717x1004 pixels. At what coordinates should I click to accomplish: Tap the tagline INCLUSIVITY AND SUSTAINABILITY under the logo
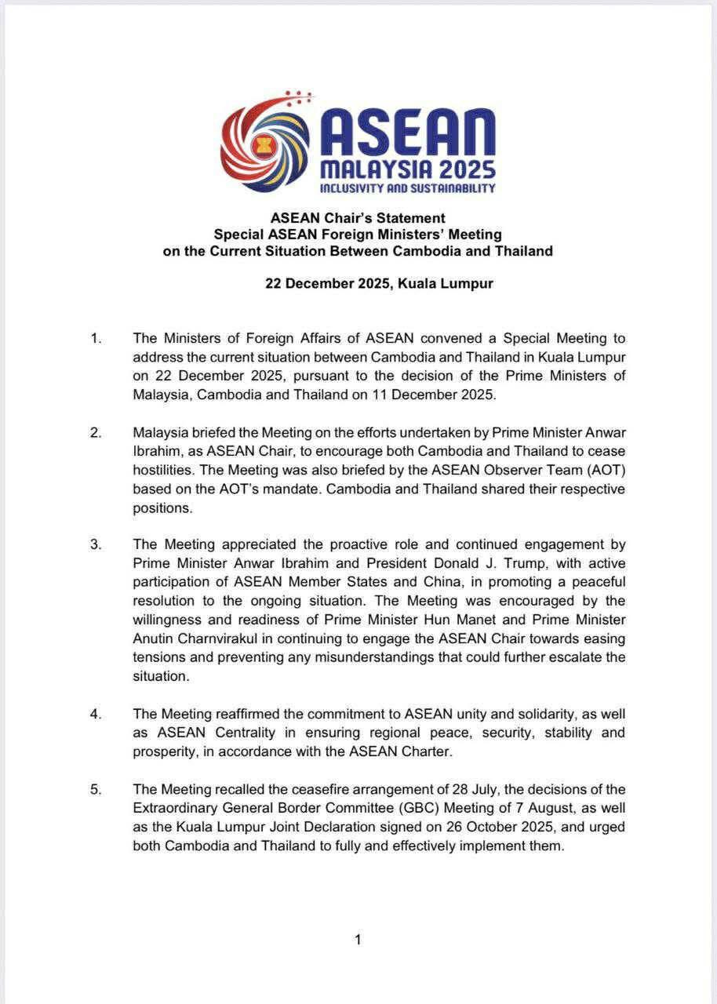[407, 188]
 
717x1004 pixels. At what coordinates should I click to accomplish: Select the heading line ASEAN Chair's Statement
[358, 217]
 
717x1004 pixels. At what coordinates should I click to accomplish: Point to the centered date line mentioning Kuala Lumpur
[379, 283]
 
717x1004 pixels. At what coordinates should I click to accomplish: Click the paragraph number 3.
[95, 544]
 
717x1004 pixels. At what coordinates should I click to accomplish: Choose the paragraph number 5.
[95, 789]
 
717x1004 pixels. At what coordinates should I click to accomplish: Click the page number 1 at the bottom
[358, 940]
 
